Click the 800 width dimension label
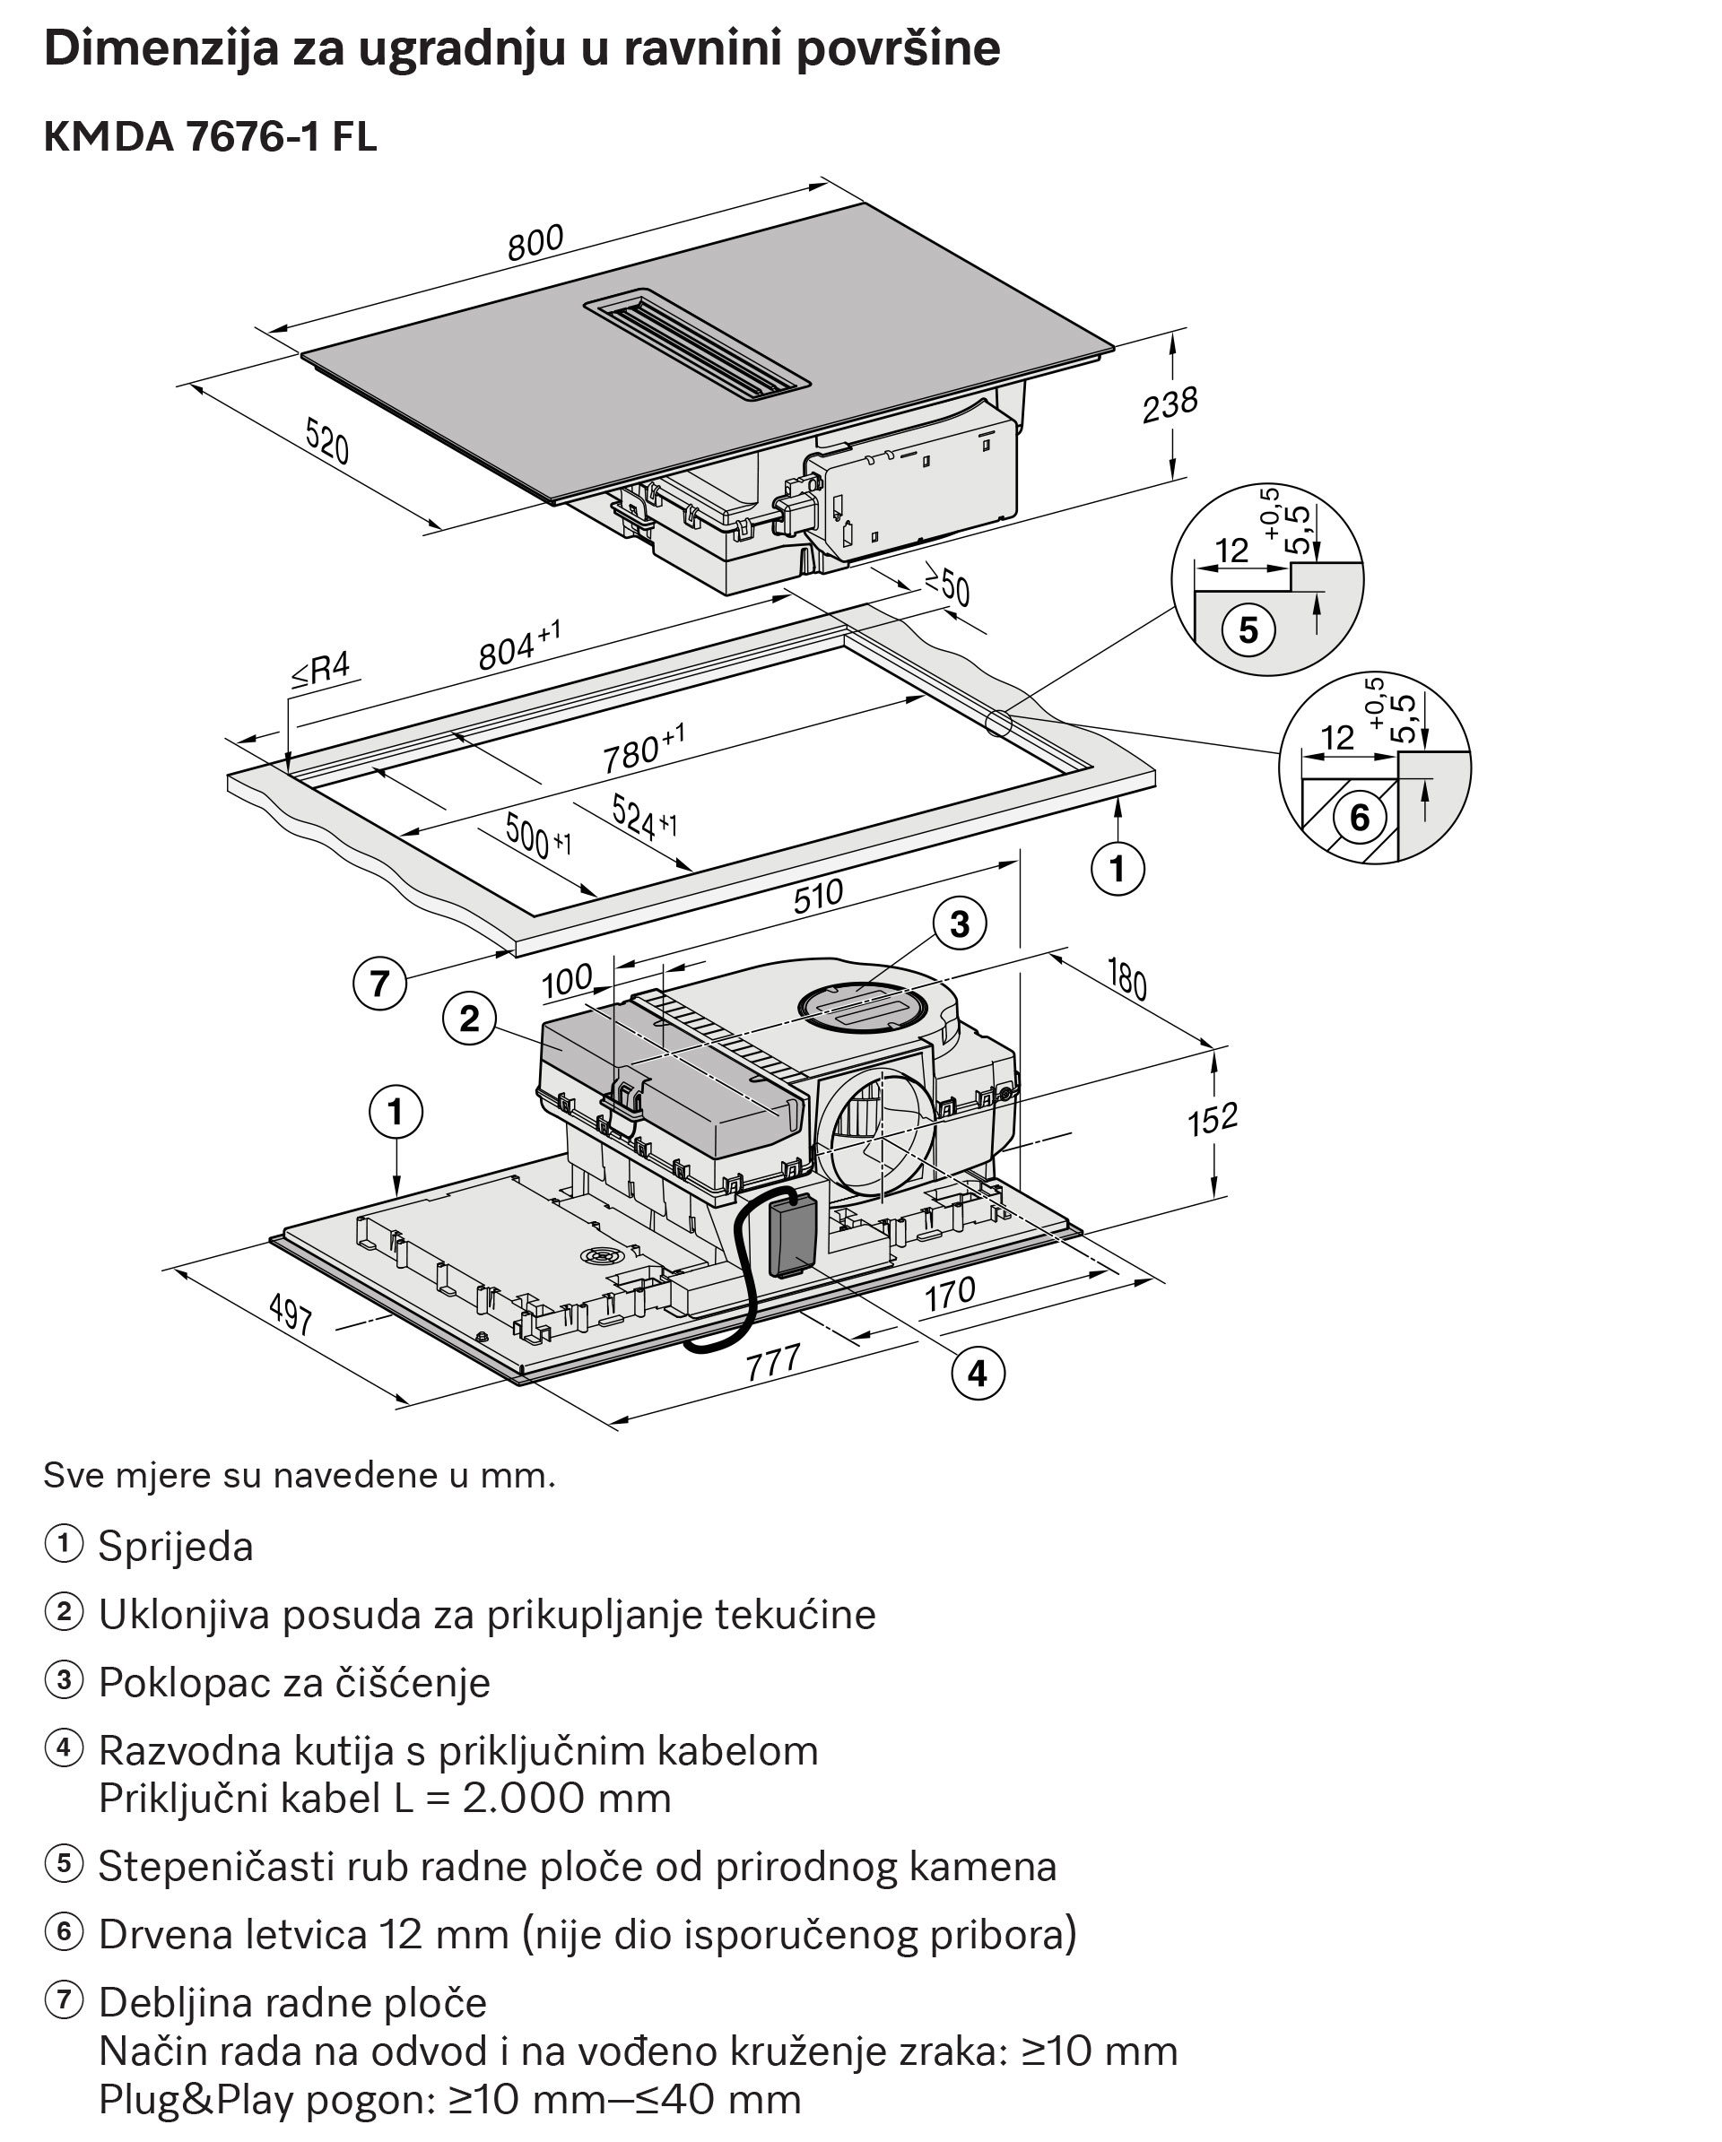pyautogui.click(x=535, y=242)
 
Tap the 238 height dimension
pyautogui.click(x=1170, y=404)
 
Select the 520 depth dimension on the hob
pyautogui.click(x=327, y=441)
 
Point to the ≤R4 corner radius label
pyautogui.click(x=321, y=670)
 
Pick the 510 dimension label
pyautogui.click(x=818, y=896)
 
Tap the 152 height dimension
pyautogui.click(x=1213, y=1120)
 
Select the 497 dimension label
pyautogui.click(x=291, y=1315)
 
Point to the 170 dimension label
pyautogui.click(x=950, y=1295)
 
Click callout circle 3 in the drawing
pyautogui.click(x=959, y=924)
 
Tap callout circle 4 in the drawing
pyautogui.click(x=978, y=1374)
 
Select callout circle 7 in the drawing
pyautogui.click(x=379, y=984)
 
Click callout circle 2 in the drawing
pyautogui.click(x=469, y=1019)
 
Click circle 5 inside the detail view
pyautogui.click(x=1248, y=630)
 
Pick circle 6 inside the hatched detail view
pyautogui.click(x=1360, y=818)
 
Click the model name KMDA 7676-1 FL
pyautogui.click(x=211, y=137)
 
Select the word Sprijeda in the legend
pyautogui.click(x=176, y=1547)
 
